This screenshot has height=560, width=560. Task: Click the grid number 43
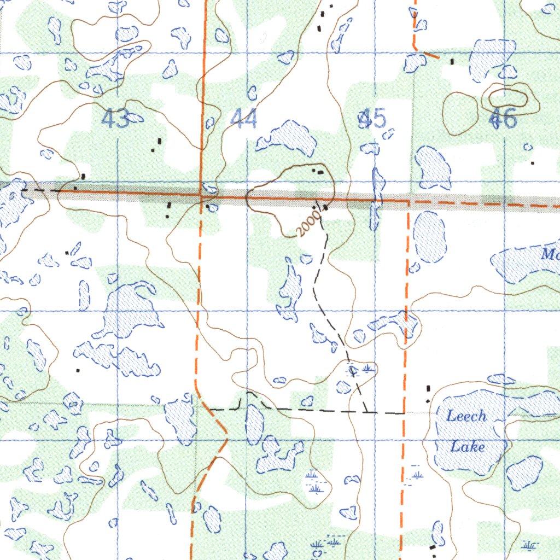(x=116, y=119)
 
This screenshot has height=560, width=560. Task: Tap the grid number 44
(x=243, y=119)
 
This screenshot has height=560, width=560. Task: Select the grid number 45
(x=372, y=119)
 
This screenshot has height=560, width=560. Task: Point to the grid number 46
(x=503, y=119)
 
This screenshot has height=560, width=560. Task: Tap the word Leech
(x=466, y=416)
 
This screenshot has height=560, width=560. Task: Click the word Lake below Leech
(x=467, y=447)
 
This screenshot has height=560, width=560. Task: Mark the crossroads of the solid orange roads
(x=202, y=194)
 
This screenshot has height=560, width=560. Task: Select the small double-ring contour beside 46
(x=508, y=98)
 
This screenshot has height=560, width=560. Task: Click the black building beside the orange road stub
(x=452, y=61)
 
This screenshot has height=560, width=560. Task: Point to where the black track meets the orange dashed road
(x=404, y=413)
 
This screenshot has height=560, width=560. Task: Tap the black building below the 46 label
(x=533, y=162)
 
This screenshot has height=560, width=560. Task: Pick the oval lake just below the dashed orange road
(x=429, y=236)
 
